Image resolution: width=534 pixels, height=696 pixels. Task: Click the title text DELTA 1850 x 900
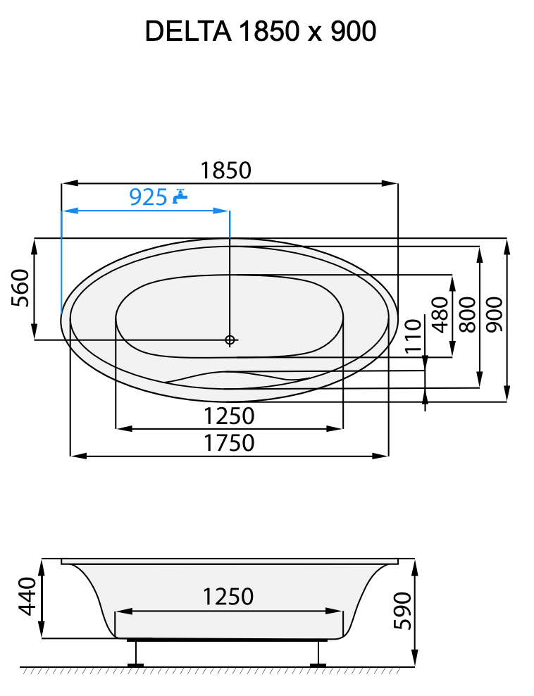260,32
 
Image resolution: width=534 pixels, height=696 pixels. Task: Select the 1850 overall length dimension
225,170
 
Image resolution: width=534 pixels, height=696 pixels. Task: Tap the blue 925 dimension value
148,197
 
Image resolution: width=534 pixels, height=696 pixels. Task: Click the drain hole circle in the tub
230,340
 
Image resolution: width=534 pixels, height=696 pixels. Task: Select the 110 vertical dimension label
413,335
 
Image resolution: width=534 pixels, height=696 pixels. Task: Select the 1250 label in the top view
229,416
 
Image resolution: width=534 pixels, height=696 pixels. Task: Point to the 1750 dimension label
229,443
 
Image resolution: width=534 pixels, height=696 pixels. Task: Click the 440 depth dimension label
27,597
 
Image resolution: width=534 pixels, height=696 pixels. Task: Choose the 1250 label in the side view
228,597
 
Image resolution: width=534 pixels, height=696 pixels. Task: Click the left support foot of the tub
135,654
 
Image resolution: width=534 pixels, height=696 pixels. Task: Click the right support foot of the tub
319,654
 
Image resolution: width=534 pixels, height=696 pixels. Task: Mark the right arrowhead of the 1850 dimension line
391,183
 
